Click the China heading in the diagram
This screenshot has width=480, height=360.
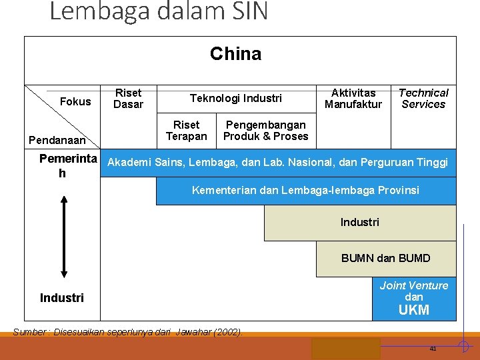tap(235, 54)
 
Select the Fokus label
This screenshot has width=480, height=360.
tap(75, 102)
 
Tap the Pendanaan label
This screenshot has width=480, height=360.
tap(57, 141)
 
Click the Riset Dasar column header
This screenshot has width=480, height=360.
tap(128, 99)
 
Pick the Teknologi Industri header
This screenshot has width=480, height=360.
tap(235, 99)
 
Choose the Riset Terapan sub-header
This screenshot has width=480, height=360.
tap(186, 131)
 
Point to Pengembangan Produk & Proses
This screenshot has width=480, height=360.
tap(265, 131)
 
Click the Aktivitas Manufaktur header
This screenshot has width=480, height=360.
tap(353, 99)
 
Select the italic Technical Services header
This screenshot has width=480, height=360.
tap(423, 99)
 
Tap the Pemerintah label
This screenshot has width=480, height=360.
tap(67, 165)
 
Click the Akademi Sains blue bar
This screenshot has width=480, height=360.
tap(277, 163)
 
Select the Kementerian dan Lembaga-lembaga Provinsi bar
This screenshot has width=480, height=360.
tap(305, 191)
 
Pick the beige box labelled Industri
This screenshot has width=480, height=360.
tap(359, 223)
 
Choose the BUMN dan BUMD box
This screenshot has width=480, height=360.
tap(385, 259)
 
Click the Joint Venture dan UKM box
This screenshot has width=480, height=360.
tap(413, 299)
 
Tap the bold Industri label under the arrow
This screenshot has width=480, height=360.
tap(62, 298)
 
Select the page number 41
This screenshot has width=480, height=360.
tap(433, 349)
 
